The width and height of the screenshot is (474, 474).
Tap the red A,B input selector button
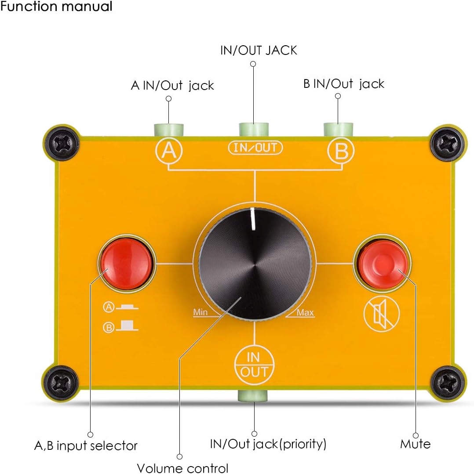126,263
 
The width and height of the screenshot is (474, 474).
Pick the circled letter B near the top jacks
341,151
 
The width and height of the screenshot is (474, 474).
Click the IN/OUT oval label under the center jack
255,148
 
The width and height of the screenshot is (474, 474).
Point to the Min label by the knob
200,312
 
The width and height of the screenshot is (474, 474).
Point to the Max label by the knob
305,312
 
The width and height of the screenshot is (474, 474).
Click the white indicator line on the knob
254,218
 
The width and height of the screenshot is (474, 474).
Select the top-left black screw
62,142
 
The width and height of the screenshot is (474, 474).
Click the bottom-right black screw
448,381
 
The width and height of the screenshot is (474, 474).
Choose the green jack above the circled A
168,130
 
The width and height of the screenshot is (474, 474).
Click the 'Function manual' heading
56,7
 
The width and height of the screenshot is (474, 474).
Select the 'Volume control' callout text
182,468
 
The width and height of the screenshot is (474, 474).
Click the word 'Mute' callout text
415,444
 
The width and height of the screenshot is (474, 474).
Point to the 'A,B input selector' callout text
86,445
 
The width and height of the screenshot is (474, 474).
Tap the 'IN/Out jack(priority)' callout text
268,444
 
